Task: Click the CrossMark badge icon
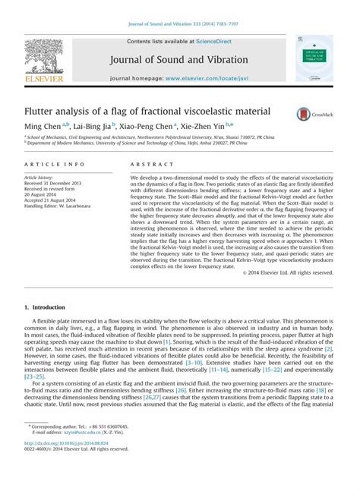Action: click(x=304, y=112)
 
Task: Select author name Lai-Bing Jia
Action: click(x=91, y=127)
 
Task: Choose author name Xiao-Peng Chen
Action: click(x=147, y=127)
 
